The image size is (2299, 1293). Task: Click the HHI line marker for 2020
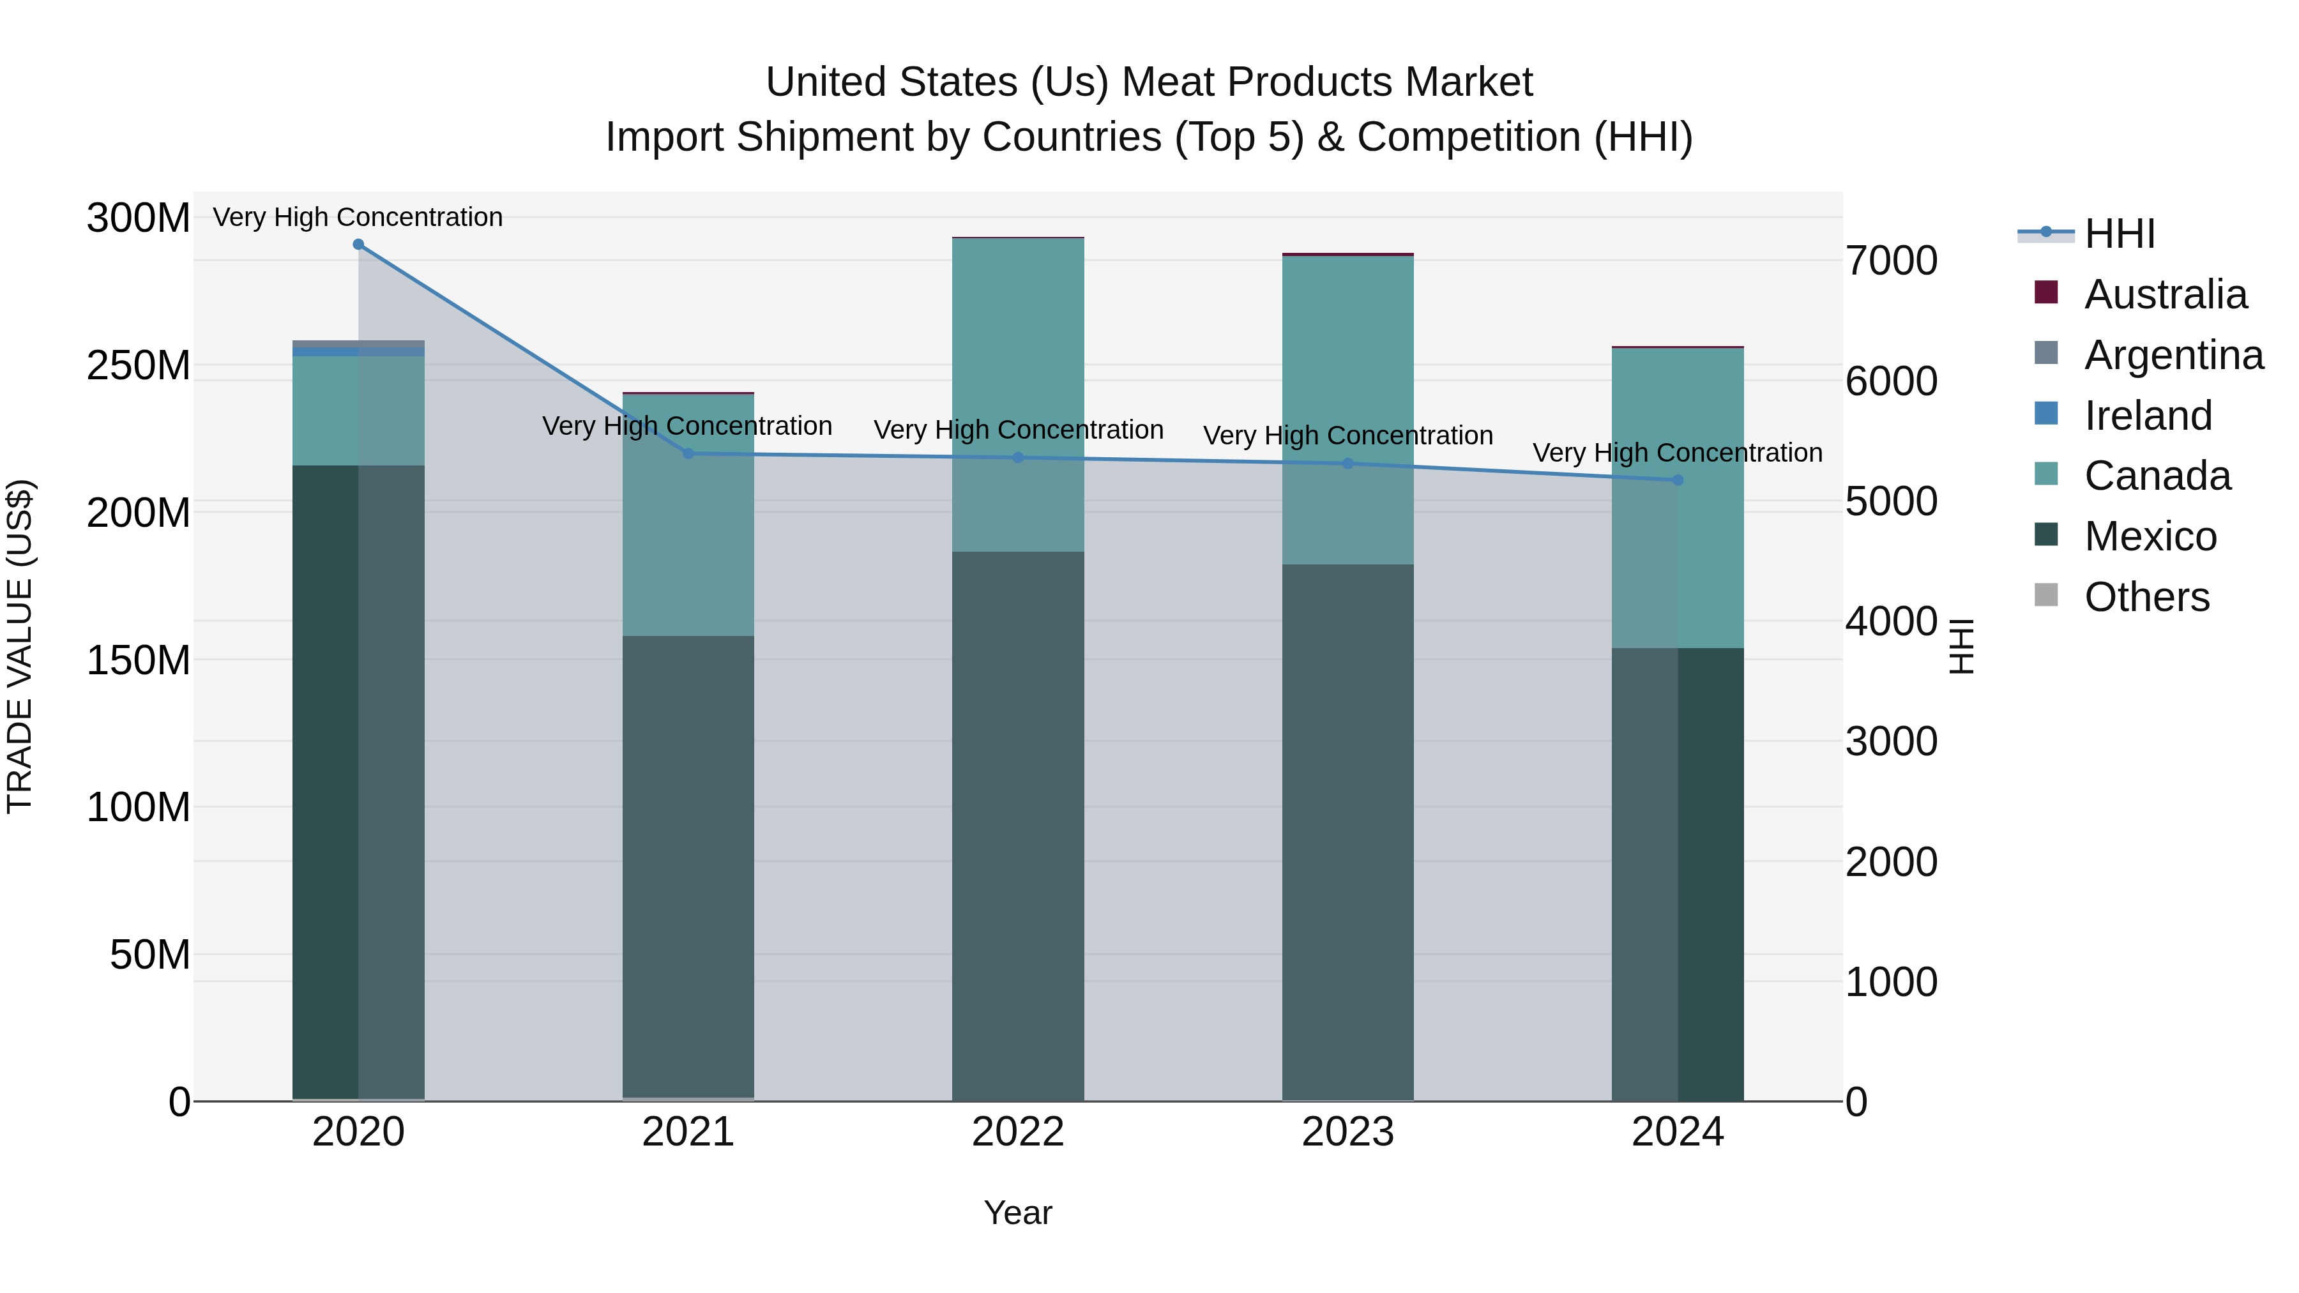[358, 244]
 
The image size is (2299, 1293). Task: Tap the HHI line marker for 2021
[688, 453]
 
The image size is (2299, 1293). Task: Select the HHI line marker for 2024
[1677, 480]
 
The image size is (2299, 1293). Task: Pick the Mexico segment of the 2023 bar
[1347, 830]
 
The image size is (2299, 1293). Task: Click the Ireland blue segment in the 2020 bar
[358, 352]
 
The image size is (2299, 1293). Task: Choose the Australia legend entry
[2165, 294]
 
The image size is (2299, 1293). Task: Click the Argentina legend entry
[2173, 355]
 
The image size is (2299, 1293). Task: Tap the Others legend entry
[2146, 597]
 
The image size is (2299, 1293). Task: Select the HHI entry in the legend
[2119, 234]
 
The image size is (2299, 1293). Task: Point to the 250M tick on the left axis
[139, 366]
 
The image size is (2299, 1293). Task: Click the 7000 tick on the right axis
[1891, 261]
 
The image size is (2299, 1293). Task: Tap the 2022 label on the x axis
[1017, 1132]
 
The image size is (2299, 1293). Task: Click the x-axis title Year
[1017, 1213]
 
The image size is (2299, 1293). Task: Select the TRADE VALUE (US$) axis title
[20, 647]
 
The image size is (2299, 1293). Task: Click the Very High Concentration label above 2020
[358, 217]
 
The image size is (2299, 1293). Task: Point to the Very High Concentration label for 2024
[1677, 453]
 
